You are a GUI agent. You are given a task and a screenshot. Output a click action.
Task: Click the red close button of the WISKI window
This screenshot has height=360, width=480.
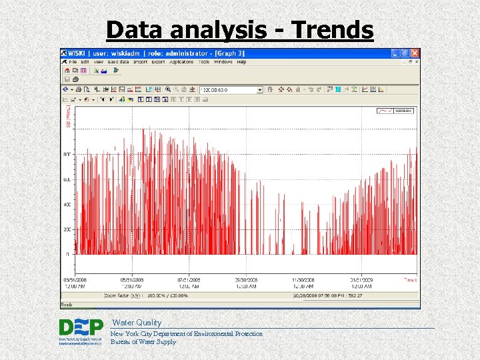tap(415, 53)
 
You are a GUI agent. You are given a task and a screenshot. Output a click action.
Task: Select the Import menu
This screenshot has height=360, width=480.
tap(141, 62)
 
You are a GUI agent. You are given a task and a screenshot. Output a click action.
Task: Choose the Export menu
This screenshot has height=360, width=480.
tap(158, 62)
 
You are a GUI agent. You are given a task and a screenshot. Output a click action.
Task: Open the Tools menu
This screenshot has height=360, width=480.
tap(204, 62)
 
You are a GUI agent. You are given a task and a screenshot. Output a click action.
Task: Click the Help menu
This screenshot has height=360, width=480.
tap(241, 62)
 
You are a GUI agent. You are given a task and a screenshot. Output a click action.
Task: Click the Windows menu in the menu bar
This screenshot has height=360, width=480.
tap(223, 62)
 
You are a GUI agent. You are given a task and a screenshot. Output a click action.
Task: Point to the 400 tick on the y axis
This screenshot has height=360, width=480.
tap(67, 205)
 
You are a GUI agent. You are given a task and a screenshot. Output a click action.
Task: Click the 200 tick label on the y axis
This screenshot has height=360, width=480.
tap(67, 229)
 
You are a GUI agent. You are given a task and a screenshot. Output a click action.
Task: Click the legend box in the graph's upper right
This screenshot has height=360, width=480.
tap(396, 111)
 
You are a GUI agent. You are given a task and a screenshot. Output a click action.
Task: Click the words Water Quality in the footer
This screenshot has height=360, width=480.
tap(136, 323)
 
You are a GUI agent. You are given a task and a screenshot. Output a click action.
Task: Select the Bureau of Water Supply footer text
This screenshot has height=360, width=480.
tap(143, 342)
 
